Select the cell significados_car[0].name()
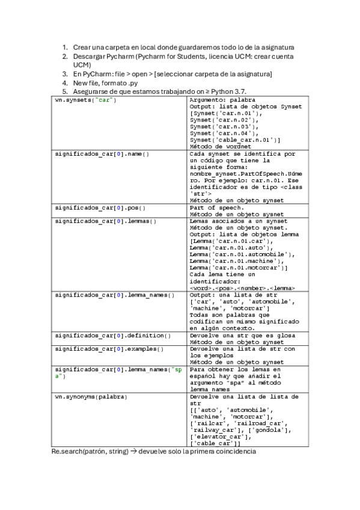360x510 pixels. (x=102, y=154)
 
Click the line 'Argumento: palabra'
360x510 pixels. (x=222, y=100)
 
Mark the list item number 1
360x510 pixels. (x=66, y=47)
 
